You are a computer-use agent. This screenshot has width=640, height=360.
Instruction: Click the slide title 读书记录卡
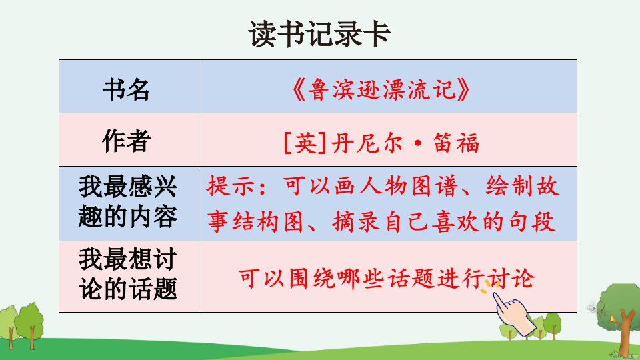[319, 34]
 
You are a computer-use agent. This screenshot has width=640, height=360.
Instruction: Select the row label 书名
[126, 89]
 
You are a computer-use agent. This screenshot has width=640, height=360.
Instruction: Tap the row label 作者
[126, 141]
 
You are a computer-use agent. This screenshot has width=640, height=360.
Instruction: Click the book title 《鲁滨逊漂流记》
[381, 89]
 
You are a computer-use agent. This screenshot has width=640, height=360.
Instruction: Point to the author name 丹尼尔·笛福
[405, 143]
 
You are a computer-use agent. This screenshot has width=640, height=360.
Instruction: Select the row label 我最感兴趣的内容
[128, 201]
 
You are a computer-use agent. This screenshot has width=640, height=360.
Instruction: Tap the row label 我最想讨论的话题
[128, 274]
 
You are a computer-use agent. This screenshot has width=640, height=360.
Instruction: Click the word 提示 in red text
[231, 186]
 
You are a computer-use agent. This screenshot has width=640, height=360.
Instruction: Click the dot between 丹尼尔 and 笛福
[417, 144]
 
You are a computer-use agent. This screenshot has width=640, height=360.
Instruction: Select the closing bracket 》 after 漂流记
[464, 90]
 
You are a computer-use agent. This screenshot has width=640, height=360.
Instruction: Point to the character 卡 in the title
[377, 34]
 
